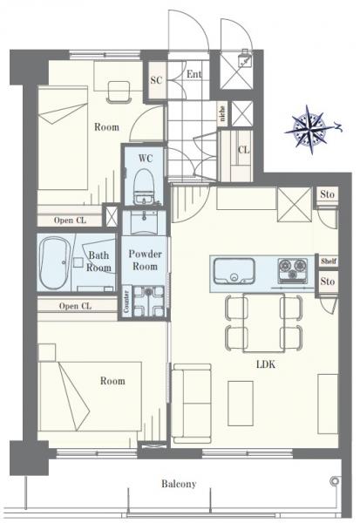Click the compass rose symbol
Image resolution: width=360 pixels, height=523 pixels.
point(311,129)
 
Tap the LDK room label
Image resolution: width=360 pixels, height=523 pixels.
point(266,364)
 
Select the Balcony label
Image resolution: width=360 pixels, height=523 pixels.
point(179,484)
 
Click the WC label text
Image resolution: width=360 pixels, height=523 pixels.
point(146,158)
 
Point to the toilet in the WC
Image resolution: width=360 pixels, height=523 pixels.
point(144,187)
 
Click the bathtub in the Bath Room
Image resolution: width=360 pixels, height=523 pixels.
point(54,263)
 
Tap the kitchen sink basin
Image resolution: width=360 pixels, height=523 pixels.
point(234,270)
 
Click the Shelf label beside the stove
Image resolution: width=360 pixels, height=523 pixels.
point(329,261)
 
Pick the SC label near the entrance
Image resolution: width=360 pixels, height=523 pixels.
point(156,80)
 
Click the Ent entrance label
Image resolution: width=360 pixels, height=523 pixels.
point(194,74)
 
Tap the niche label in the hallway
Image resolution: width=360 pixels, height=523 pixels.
point(222,113)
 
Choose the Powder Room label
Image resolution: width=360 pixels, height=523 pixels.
point(146,260)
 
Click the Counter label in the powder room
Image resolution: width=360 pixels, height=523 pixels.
point(126,302)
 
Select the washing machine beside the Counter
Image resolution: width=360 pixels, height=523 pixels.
point(148,302)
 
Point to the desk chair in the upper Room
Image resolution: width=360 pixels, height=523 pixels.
point(119,92)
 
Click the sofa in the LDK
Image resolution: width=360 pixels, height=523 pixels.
point(192,404)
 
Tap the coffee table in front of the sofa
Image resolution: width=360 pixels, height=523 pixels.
point(241,404)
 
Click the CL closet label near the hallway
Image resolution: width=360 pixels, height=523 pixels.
point(243,150)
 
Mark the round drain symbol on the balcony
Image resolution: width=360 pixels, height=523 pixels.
point(334,481)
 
